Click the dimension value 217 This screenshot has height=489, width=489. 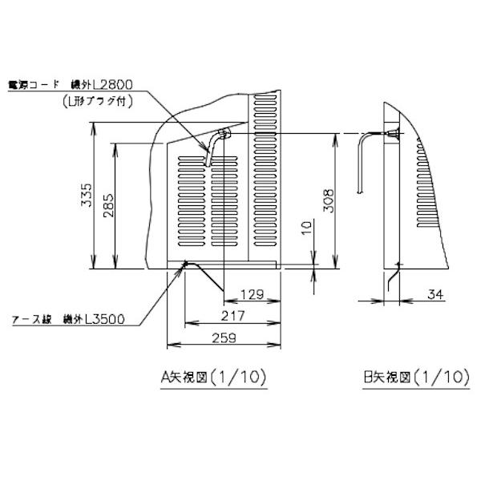tap(233, 316)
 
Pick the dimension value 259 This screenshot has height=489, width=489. tap(224, 338)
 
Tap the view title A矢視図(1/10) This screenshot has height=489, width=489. tap(213, 376)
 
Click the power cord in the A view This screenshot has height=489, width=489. tap(210, 148)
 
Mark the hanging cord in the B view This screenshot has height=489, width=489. tap(360, 164)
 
